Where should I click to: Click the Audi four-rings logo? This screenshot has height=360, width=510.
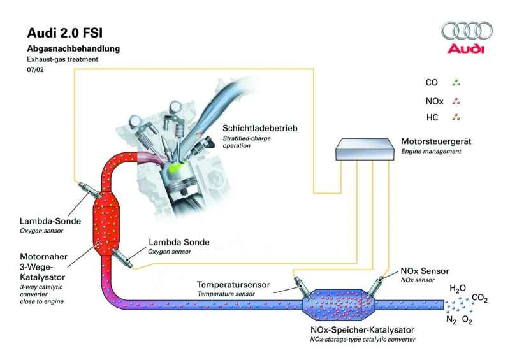click(467, 30)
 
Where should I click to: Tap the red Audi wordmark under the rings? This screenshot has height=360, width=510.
click(467, 48)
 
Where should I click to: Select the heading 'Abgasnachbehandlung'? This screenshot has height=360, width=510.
click(73, 48)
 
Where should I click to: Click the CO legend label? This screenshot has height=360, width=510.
click(432, 83)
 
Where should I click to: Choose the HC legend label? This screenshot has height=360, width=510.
click(432, 118)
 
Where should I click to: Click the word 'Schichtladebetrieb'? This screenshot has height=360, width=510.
click(259, 128)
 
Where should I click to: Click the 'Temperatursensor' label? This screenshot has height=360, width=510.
click(233, 285)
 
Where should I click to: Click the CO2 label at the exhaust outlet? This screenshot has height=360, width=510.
click(480, 298)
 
